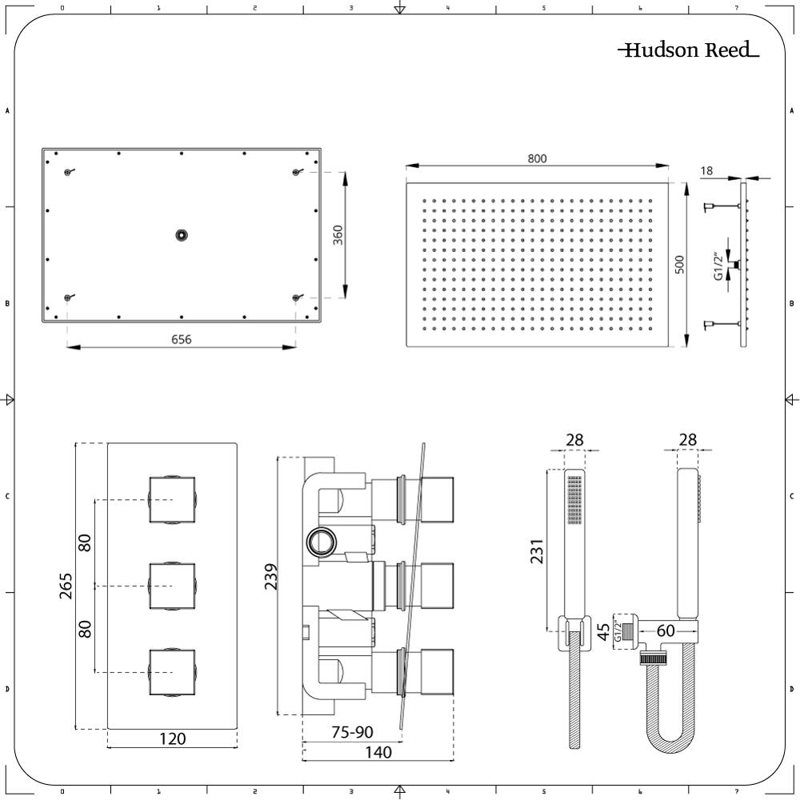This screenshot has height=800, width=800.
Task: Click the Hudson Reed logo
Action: click(x=689, y=50)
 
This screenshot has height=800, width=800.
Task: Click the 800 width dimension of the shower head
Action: click(x=537, y=158)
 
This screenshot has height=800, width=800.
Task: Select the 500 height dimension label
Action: click(x=679, y=265)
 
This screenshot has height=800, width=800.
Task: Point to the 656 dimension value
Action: click(x=182, y=339)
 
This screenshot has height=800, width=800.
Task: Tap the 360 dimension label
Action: click(x=338, y=235)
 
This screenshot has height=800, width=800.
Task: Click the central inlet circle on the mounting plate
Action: click(x=182, y=235)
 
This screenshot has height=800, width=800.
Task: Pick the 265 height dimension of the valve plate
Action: click(x=67, y=585)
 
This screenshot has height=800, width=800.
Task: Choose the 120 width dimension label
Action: click(x=172, y=738)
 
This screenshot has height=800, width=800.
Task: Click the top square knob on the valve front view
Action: click(x=172, y=499)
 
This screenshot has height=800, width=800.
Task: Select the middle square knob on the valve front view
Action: click(x=172, y=586)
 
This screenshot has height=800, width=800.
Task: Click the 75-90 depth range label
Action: click(x=352, y=733)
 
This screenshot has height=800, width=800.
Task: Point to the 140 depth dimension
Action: click(x=378, y=752)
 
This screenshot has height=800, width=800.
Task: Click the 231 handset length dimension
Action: click(x=538, y=551)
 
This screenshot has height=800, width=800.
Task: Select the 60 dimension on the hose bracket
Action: click(x=666, y=631)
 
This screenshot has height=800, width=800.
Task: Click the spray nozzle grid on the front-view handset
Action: click(x=574, y=501)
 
